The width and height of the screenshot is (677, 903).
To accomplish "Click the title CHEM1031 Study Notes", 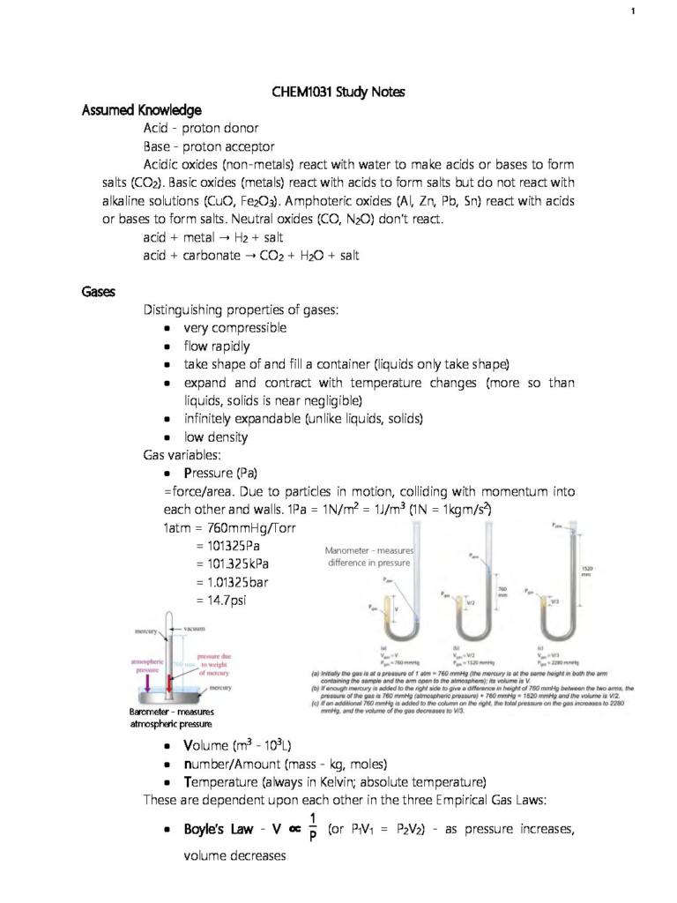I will coord(338,93).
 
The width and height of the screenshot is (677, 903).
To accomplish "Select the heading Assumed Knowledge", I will coord(141,110).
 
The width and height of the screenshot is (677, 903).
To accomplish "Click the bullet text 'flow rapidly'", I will coord(216,346).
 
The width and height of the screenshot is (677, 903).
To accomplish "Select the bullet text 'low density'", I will coord(215,437).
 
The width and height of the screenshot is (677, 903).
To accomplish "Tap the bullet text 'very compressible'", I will coord(234,327).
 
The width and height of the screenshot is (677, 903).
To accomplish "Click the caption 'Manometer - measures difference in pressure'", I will coord(369,556).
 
